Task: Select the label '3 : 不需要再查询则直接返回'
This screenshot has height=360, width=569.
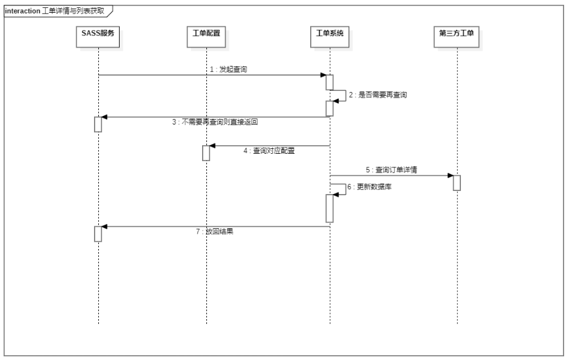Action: (215, 122)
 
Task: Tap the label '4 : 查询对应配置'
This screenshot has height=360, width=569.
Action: (269, 151)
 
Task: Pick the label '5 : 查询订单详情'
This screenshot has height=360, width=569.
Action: (391, 170)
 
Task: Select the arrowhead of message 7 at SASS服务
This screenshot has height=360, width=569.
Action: (104, 226)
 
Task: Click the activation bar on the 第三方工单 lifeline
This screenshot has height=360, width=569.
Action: (457, 182)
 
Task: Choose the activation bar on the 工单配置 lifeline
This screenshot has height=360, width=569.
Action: (206, 153)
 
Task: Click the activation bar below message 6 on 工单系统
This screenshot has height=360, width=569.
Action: (329, 208)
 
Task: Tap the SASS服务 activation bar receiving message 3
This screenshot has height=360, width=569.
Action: (98, 124)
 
